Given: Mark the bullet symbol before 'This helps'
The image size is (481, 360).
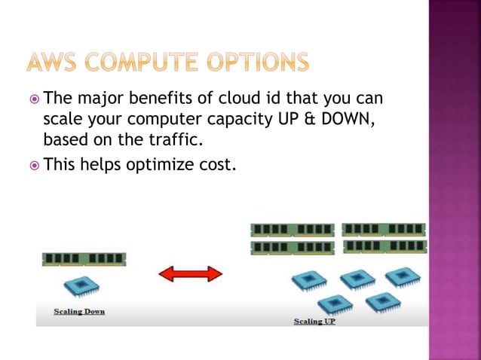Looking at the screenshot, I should pos(35,165).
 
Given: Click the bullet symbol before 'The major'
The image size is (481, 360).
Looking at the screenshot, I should pos(35,99).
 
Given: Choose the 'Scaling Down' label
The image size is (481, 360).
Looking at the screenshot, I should pos(78,311).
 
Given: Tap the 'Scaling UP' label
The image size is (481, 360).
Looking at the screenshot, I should pos(314,321).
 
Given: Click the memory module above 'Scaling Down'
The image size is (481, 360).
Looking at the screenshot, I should pos(84,259).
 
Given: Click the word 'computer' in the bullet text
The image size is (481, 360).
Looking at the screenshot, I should pos(145,119).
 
